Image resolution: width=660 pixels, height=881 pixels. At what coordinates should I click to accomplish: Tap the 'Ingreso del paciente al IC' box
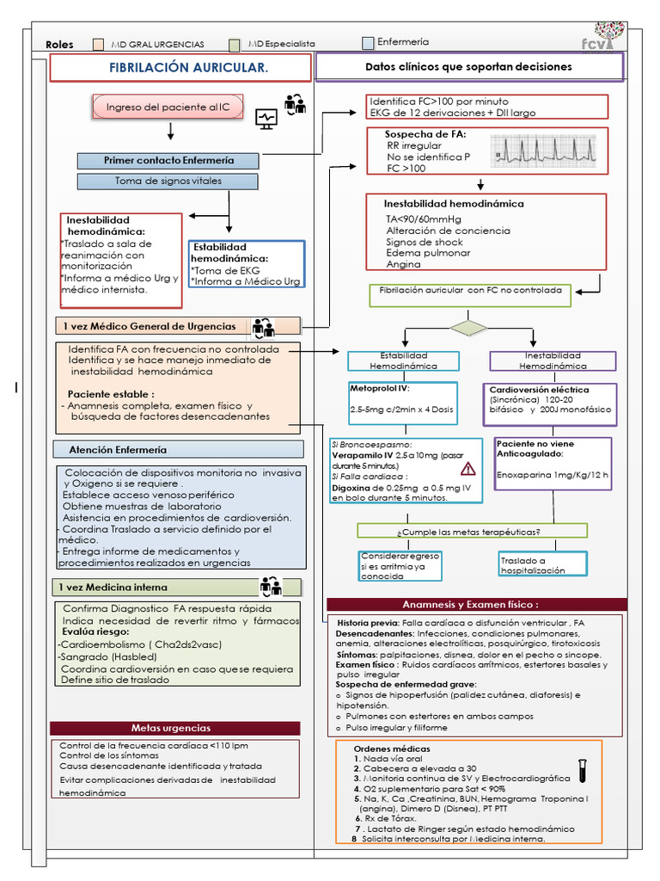[x=168, y=108]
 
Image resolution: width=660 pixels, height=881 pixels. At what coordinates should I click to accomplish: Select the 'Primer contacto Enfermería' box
[x=168, y=160]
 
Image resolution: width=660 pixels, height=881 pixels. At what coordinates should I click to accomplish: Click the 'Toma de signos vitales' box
[x=168, y=181]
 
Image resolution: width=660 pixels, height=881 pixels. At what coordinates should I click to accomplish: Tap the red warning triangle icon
[x=468, y=468]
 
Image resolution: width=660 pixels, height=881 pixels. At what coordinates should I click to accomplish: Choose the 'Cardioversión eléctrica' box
[x=553, y=404]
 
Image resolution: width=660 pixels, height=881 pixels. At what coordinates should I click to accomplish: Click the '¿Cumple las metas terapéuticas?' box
[x=473, y=531]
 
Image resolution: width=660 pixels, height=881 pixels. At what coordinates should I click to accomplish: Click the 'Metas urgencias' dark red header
[x=174, y=728]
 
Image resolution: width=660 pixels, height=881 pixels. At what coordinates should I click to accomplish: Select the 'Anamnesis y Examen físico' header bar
[x=477, y=604]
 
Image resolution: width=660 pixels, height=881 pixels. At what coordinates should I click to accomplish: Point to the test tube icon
[x=582, y=769]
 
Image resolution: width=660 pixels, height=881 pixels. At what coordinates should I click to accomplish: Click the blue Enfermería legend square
[x=369, y=43]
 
